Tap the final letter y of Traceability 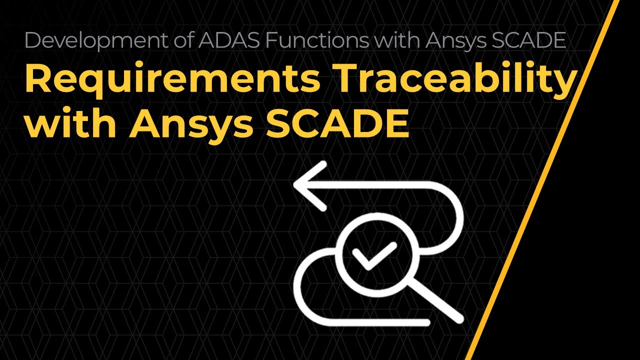click(x=563, y=85)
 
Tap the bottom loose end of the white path click(x=425, y=322)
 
